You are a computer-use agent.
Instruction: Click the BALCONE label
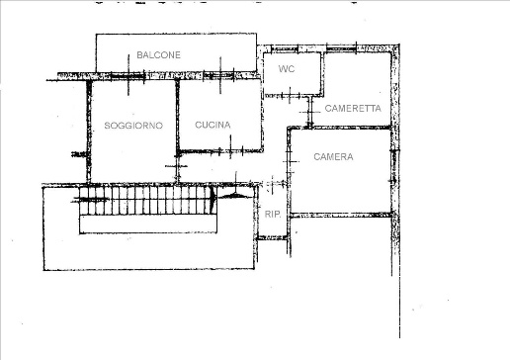(158, 54)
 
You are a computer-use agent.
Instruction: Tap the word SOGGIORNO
(133, 126)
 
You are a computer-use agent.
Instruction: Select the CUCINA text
(212, 125)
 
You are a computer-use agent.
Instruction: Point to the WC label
(287, 68)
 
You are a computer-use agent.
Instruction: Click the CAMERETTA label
(353, 108)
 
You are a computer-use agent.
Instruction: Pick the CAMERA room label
(333, 156)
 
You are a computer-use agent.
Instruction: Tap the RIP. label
(273, 214)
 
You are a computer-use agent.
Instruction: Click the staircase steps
(145, 200)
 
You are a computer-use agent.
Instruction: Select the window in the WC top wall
(285, 49)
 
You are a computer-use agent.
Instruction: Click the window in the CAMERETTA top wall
(341, 48)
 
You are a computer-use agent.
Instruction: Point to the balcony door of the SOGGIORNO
(127, 76)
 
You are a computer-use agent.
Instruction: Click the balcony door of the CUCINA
(218, 75)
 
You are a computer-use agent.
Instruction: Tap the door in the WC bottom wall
(290, 96)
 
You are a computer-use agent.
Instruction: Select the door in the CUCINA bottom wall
(231, 151)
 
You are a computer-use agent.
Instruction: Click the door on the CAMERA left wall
(289, 161)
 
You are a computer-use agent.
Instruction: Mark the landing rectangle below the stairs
(148, 225)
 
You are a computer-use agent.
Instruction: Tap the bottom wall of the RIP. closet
(272, 237)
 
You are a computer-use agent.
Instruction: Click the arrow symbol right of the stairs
(234, 196)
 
